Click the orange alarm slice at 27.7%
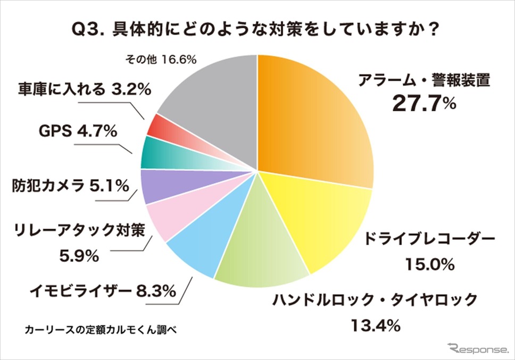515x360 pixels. [x=314, y=122]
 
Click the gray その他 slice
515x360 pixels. [x=213, y=101]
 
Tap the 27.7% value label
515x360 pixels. [x=424, y=103]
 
